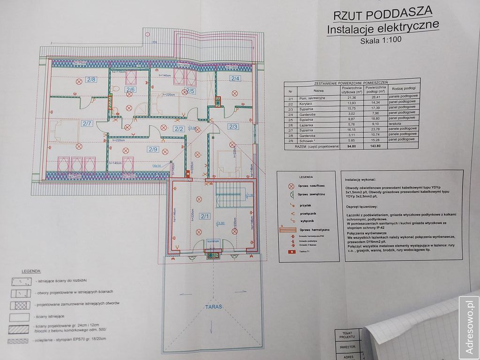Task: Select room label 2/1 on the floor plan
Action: tap(205, 216)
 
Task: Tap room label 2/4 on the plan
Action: tap(234, 78)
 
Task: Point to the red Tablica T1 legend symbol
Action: tap(291, 252)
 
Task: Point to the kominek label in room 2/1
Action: tap(213, 241)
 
